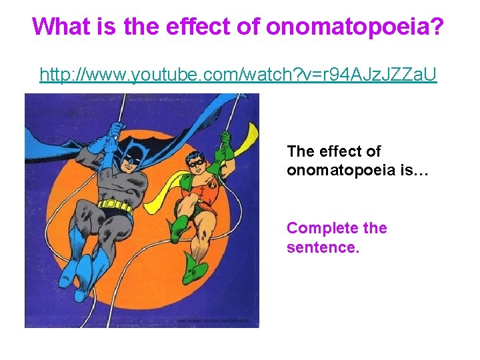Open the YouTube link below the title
pyautogui.click(x=238, y=75)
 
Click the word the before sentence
pyautogui.click(x=375, y=229)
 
